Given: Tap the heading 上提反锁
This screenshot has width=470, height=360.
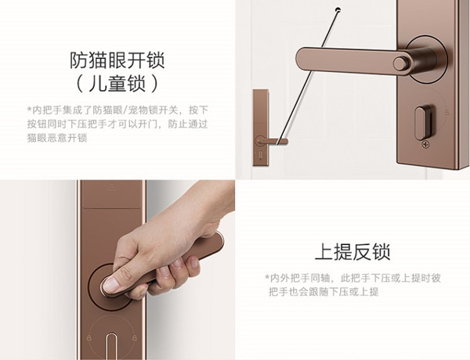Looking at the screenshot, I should click(352, 252).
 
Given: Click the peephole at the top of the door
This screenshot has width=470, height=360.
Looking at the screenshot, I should click(337, 10).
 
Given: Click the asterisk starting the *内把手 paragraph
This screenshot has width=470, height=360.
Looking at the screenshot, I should click(29, 109).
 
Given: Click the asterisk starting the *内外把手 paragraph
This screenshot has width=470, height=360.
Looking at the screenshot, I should click(267, 278).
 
